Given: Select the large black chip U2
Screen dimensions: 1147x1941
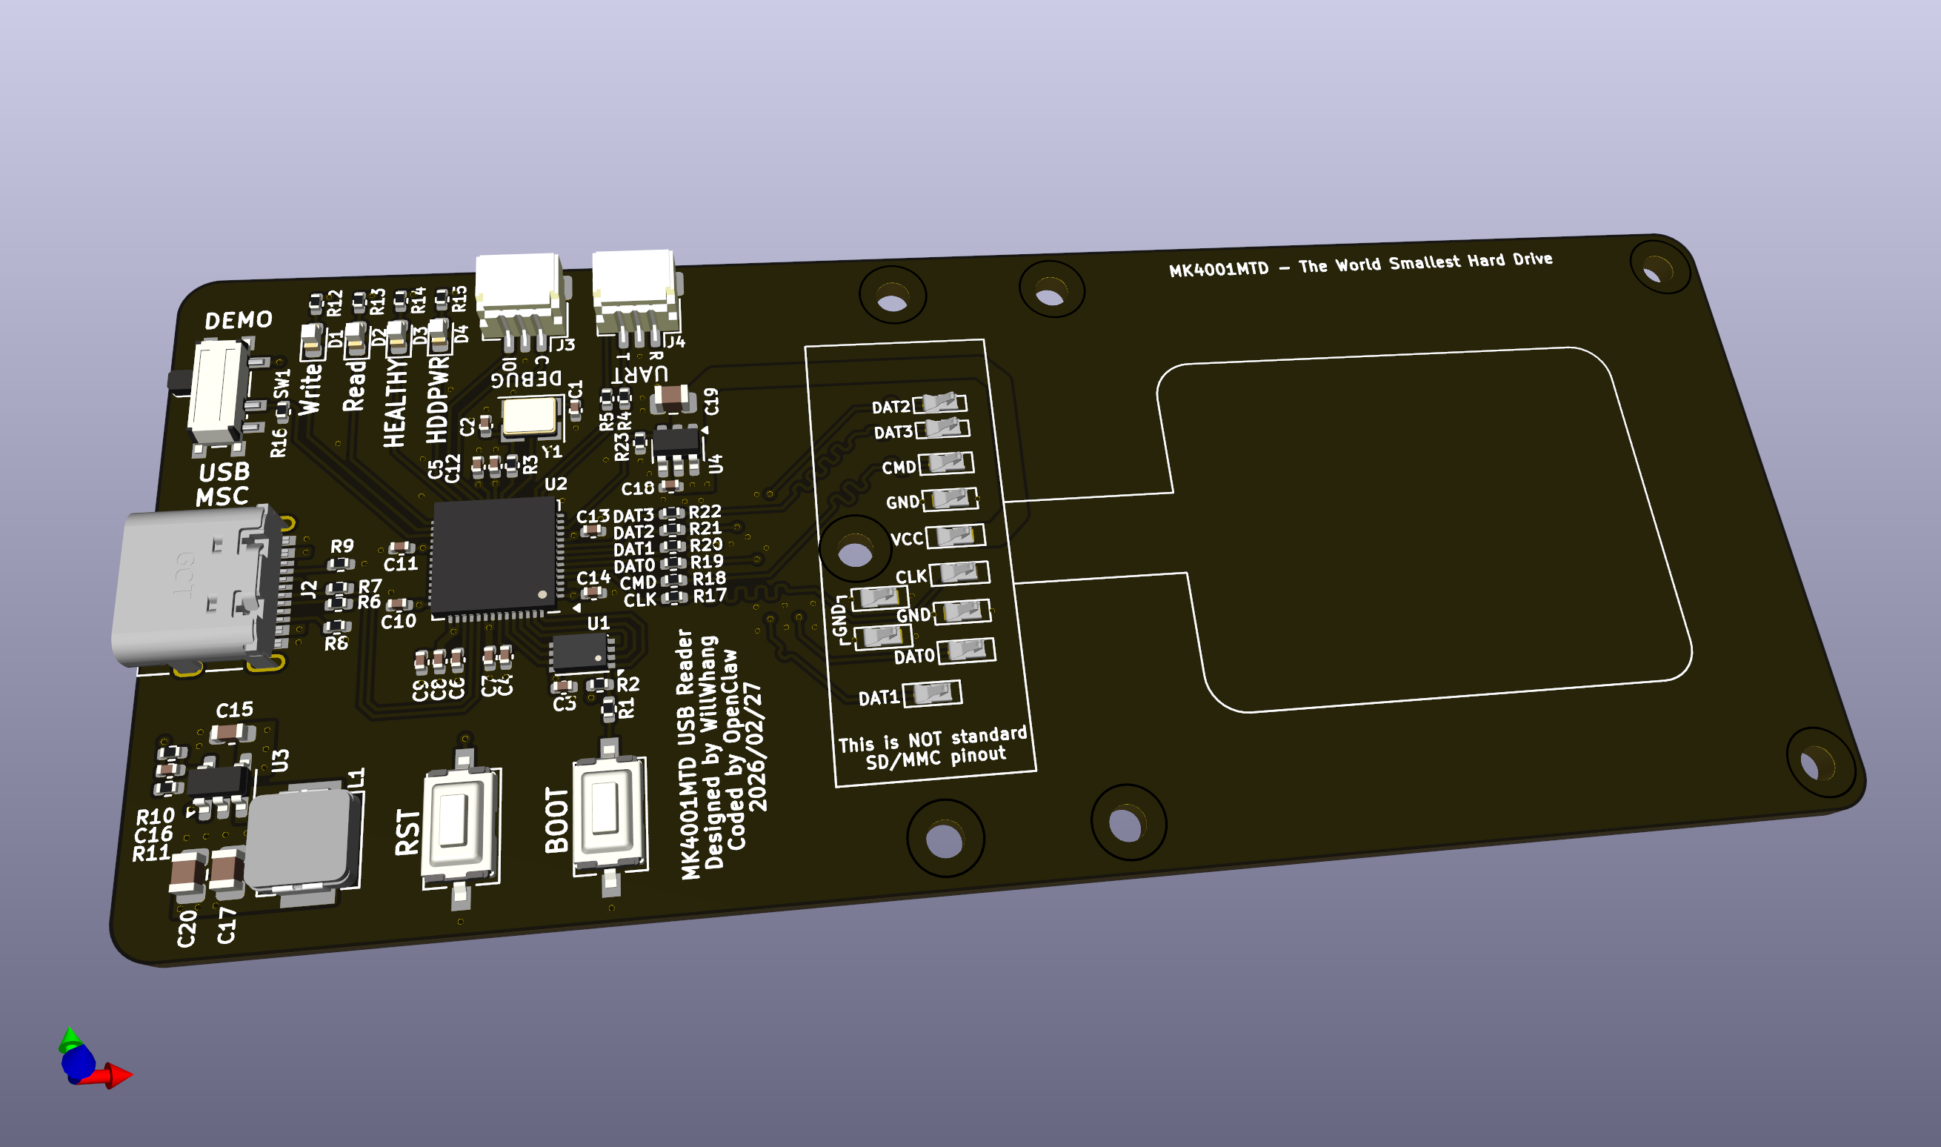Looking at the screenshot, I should click(495, 556).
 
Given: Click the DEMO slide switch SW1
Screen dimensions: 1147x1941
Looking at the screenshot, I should click(219, 394).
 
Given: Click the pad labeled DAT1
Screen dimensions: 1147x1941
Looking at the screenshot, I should click(933, 693).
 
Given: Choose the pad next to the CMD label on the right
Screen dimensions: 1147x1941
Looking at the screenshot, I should click(947, 463).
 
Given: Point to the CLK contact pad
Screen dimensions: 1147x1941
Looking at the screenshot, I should click(959, 573).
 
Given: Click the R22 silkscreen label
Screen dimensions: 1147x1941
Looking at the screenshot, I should click(705, 512).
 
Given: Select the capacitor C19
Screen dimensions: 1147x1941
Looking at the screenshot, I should click(670, 398).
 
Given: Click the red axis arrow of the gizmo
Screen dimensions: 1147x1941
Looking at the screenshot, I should click(116, 1075).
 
